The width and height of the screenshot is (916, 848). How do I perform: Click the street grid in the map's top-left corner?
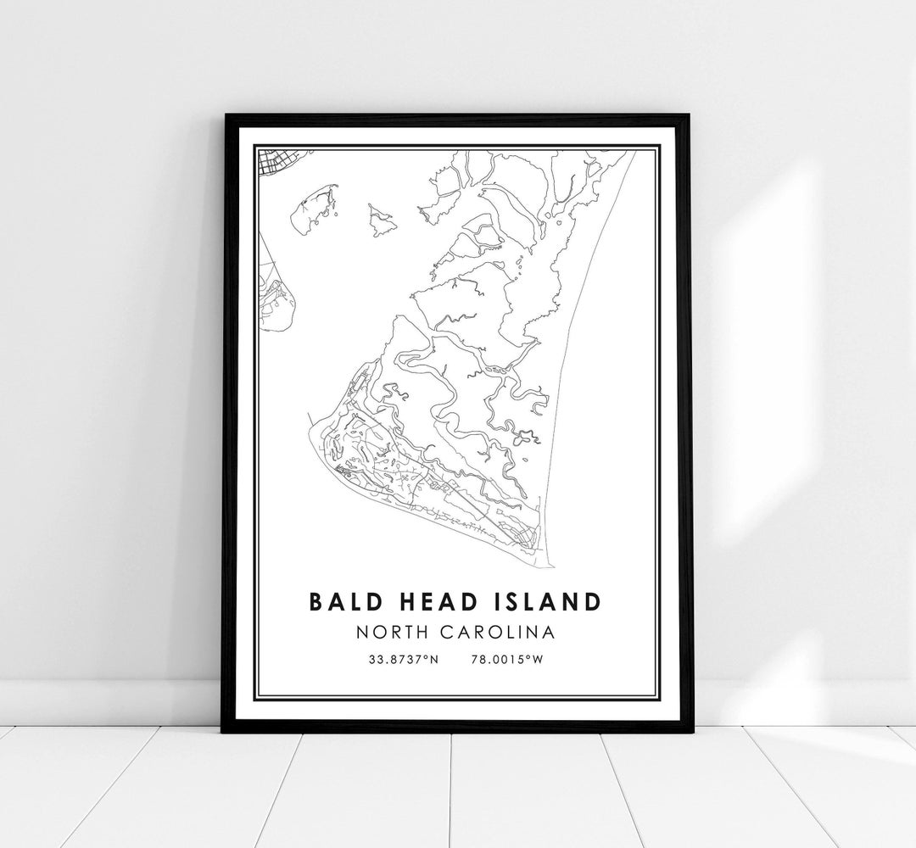(274, 162)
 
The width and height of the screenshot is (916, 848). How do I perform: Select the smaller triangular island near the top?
(383, 220)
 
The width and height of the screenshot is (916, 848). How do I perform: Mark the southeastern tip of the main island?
(550, 565)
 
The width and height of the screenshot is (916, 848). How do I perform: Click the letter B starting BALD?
(316, 601)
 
